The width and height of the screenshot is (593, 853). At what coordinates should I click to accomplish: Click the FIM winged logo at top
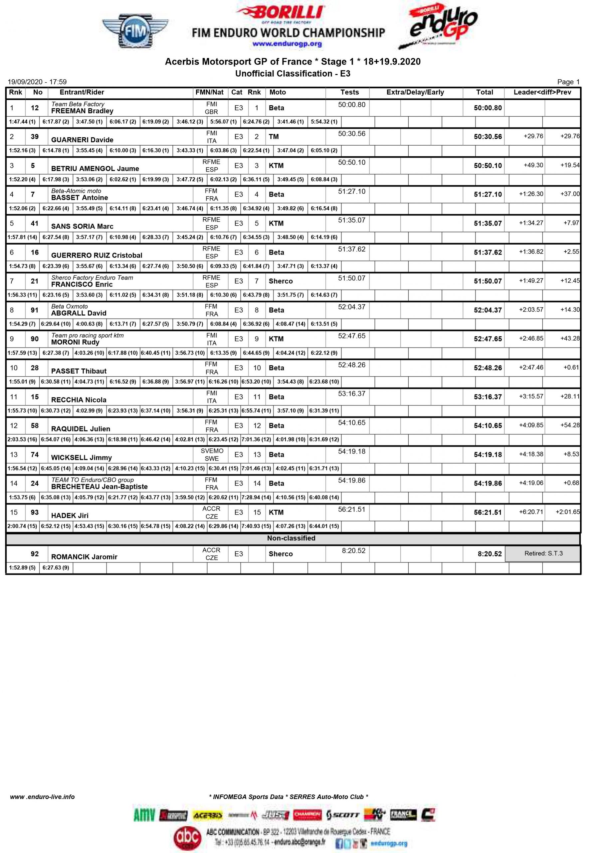click(x=135, y=32)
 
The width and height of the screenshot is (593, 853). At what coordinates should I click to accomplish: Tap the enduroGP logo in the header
click(x=438, y=27)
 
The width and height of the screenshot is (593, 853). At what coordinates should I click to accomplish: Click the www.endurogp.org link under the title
click(x=287, y=44)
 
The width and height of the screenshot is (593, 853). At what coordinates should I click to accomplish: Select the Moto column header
click(x=277, y=93)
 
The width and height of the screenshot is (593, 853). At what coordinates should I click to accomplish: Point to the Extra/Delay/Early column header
click(x=415, y=93)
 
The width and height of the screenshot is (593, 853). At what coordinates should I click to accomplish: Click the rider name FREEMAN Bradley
click(x=82, y=111)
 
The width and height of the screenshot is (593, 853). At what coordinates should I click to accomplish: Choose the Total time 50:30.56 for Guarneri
click(x=487, y=137)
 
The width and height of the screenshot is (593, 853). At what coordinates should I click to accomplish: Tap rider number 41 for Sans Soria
click(x=35, y=223)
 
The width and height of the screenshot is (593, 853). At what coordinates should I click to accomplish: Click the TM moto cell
click(x=274, y=137)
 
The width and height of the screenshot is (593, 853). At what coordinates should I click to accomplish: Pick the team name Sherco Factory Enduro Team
click(x=92, y=278)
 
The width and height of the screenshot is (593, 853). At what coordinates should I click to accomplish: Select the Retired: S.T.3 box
click(x=543, y=553)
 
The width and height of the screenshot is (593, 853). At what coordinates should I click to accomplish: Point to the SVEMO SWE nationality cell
click(x=212, y=454)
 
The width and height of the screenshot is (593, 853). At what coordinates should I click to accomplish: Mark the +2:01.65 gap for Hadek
click(x=567, y=512)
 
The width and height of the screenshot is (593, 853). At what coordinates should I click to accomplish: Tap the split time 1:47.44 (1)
click(x=22, y=122)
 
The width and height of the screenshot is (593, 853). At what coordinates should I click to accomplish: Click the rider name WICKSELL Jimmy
click(x=81, y=458)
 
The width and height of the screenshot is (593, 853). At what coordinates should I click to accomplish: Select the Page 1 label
click(x=568, y=82)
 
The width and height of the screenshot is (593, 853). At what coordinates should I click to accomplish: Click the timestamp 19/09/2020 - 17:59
click(x=37, y=82)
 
